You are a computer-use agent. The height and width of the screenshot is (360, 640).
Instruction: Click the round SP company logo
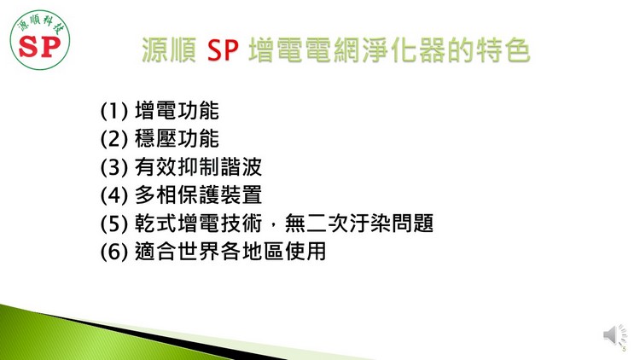point(40,40)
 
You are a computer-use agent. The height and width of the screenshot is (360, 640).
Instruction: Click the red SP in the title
point(223,49)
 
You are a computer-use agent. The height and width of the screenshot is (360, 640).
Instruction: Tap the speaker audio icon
point(615,335)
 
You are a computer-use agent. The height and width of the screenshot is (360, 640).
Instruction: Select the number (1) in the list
point(113,111)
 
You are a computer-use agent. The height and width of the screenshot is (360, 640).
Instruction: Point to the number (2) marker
point(113,139)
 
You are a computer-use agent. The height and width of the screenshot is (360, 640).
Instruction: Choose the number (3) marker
point(113,167)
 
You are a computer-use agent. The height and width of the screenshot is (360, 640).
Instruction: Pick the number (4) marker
point(113,195)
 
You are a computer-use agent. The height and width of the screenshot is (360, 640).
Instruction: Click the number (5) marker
point(113,224)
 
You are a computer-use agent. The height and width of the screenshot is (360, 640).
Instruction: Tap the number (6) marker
point(113,252)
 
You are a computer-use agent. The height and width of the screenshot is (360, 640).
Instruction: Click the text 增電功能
point(177,111)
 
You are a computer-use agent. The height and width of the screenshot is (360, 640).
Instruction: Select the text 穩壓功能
point(177,139)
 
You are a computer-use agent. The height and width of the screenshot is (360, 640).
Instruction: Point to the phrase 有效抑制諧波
point(198,167)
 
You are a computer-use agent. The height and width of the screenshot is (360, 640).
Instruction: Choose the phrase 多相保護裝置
point(198,195)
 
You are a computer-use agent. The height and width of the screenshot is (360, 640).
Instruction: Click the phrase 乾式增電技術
point(198,224)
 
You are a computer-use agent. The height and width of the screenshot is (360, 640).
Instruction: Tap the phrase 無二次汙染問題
point(358,224)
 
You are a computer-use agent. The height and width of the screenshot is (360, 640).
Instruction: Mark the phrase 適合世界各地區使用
point(230,252)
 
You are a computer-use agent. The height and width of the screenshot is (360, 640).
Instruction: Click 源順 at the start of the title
point(169,50)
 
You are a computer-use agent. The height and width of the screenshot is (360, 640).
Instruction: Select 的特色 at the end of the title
point(489,50)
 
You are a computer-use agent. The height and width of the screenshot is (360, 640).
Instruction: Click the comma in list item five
point(273,227)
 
